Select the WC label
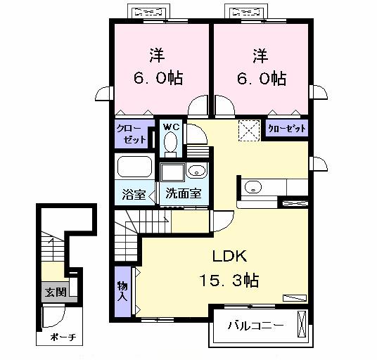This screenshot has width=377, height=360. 171,127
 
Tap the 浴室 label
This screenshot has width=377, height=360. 134,195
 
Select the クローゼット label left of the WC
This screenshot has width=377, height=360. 132,134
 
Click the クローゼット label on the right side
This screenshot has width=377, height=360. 286,129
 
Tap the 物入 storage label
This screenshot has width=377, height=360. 121,290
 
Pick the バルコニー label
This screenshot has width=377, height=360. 255,326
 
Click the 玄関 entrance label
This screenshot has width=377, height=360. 53,292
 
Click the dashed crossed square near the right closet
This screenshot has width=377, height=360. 248,130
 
